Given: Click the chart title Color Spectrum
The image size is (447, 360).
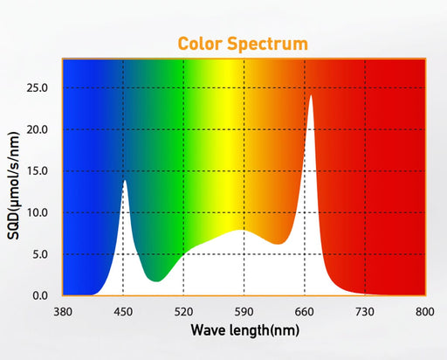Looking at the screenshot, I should tap(243, 43).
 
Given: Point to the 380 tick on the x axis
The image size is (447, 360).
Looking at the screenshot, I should tap(62, 311).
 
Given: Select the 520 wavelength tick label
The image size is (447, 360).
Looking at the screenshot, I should tap(183, 311).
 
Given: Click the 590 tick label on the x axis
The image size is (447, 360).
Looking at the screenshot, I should tap(244, 311).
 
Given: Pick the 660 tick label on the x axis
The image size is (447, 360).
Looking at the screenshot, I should tap(305, 311).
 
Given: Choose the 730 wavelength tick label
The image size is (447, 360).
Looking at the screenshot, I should tap(365, 311).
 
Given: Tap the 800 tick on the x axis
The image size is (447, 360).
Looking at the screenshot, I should tap(425, 311).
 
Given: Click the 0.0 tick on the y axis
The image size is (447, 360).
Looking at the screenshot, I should tap(39, 295).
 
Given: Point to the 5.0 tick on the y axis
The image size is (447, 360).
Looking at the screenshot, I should tap(39, 254).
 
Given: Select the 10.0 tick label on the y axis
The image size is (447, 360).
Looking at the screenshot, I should tap(37, 212).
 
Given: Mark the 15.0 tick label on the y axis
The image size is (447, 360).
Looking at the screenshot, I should tap(37, 171).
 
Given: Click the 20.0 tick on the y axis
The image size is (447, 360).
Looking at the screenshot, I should tap(37, 129).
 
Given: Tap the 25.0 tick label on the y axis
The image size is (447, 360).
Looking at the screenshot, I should tap(37, 88).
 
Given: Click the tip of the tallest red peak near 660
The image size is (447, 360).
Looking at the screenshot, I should tap(310, 96).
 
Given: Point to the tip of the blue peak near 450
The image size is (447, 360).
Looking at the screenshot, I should tap(125, 181).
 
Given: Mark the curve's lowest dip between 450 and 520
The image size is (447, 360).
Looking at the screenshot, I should tap(155, 280).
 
